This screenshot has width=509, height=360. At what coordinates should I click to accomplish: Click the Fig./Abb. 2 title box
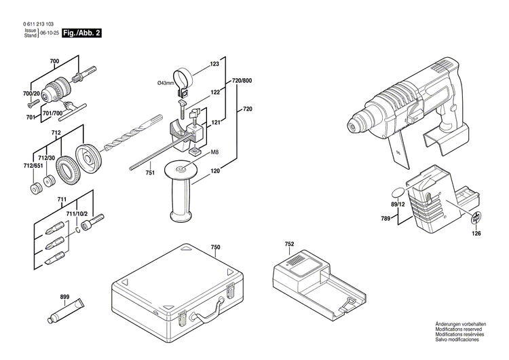point(82,33)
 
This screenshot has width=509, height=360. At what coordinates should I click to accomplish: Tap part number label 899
point(64,297)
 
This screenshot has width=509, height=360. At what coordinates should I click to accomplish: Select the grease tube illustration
point(66,311)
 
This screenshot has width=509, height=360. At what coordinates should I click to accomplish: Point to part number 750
point(216,247)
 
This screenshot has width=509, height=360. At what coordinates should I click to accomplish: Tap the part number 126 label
point(476,233)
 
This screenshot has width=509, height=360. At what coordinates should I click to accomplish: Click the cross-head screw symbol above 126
point(476,217)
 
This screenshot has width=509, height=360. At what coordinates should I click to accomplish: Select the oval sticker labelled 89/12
point(398,192)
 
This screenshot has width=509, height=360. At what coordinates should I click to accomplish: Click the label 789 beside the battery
point(385,219)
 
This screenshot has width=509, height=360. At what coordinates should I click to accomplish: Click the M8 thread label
point(214,152)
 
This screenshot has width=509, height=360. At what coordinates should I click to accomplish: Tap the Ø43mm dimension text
point(166,83)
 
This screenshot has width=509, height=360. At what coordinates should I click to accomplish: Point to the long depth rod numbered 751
point(159,152)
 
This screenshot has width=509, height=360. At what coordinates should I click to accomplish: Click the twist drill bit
point(133,134)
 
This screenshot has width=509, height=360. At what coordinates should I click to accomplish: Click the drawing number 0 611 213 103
point(39,24)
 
